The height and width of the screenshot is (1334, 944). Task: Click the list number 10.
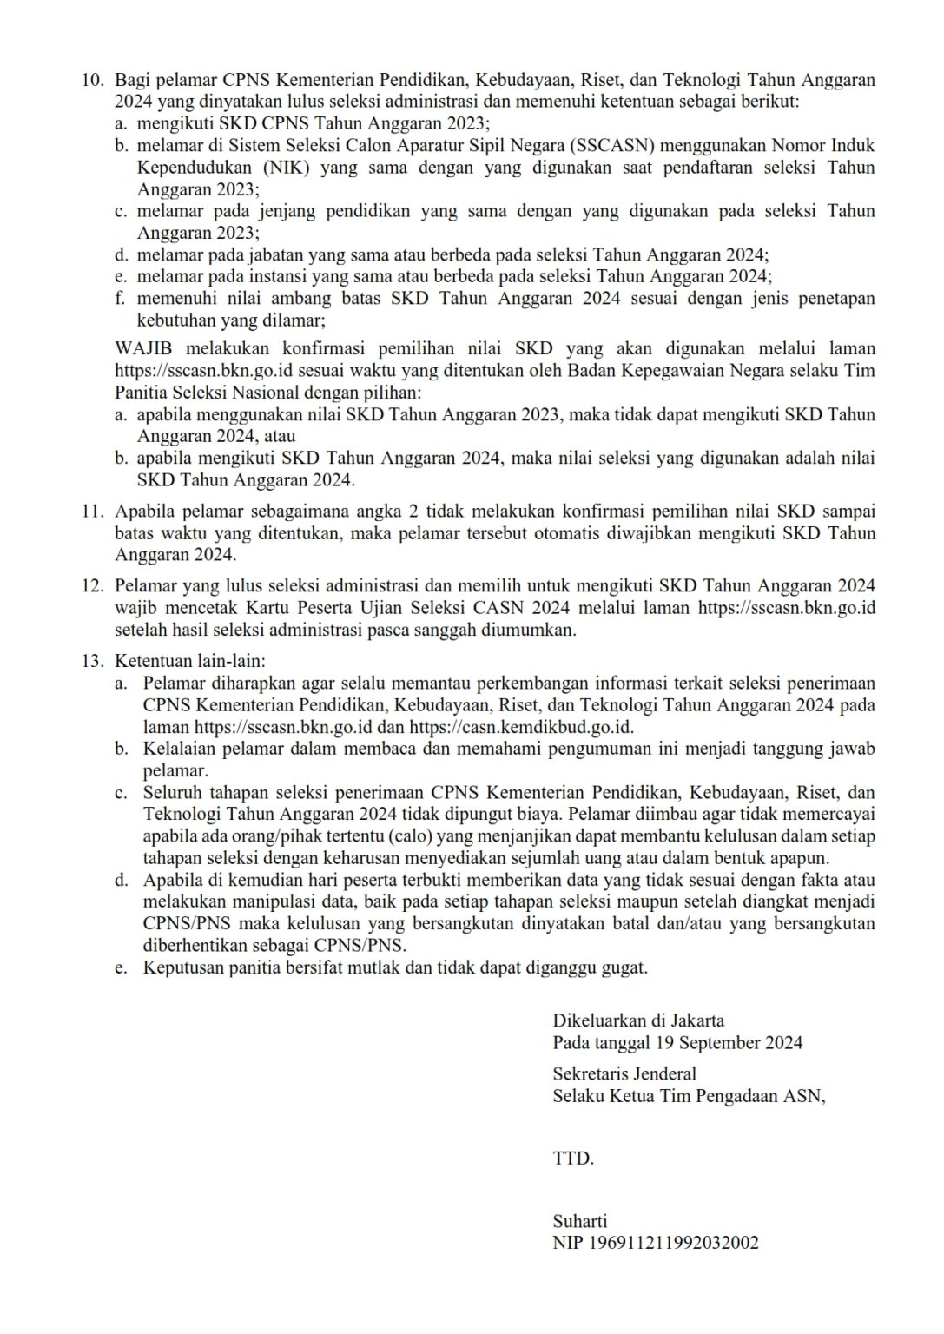92,81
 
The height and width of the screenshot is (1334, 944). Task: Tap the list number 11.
92,511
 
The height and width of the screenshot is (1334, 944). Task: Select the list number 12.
92,586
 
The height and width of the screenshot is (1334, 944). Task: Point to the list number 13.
92,661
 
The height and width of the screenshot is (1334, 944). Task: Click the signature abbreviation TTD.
573,1158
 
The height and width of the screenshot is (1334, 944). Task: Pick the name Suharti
579,1221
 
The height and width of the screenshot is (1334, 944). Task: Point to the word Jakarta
696,1020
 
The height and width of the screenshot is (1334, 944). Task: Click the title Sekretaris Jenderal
624,1073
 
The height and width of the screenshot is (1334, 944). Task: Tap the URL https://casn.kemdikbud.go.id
521,728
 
